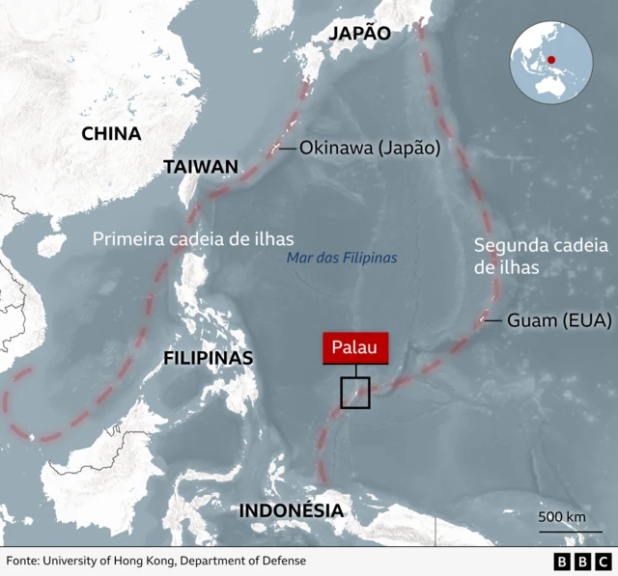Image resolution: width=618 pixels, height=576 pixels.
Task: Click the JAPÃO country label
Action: pos(360,34)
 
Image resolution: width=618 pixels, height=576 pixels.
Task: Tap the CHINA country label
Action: pos(111,134)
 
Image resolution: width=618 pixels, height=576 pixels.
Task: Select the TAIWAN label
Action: pos(200,167)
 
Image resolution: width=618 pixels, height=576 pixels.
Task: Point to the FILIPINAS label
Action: pos(209,358)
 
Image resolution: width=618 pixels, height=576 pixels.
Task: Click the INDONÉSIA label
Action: pos(291,510)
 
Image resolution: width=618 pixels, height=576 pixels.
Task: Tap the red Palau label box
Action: pos(355,348)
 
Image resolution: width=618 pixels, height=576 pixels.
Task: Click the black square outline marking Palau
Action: pos(354,393)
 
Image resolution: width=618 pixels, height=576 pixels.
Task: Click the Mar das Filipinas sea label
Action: pos(342,259)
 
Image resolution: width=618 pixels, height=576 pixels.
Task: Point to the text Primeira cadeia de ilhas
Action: pos(193,238)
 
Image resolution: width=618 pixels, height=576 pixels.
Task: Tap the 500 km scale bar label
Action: pos(562,517)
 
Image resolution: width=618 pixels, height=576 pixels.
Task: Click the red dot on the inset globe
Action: pos(551,59)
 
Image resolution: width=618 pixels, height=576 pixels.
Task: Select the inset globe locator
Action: pos(551,63)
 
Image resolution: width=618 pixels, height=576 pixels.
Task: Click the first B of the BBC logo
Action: pos(563,561)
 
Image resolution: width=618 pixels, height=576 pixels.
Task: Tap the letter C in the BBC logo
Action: pos(603,561)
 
